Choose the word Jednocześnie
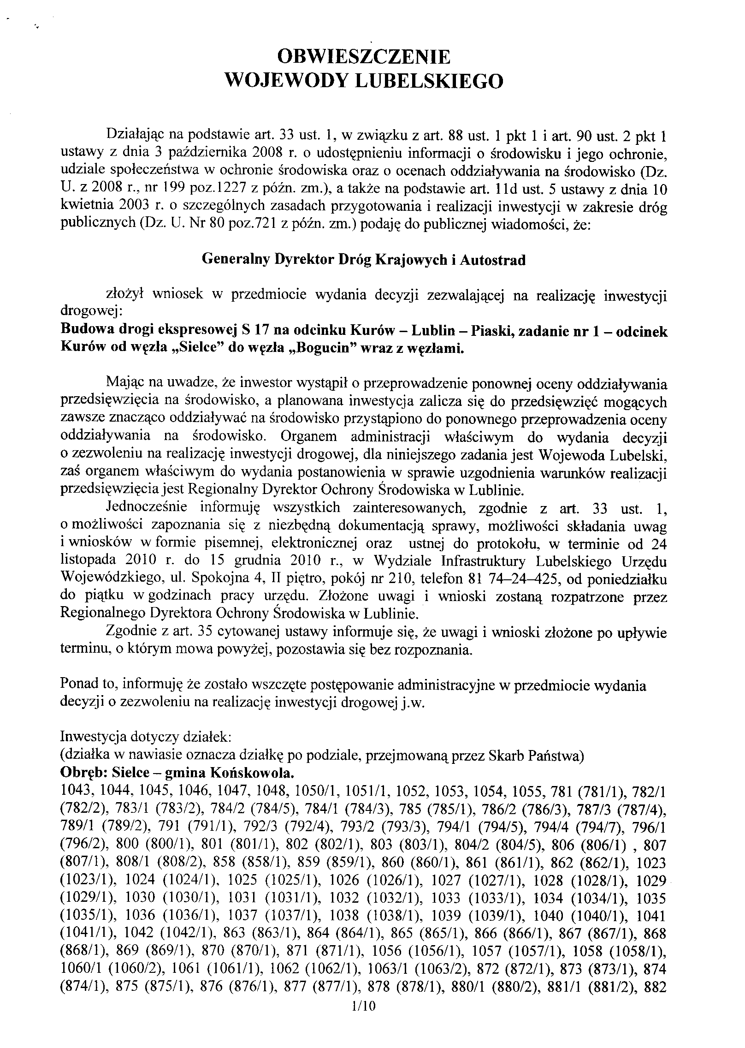pos(147,507)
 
